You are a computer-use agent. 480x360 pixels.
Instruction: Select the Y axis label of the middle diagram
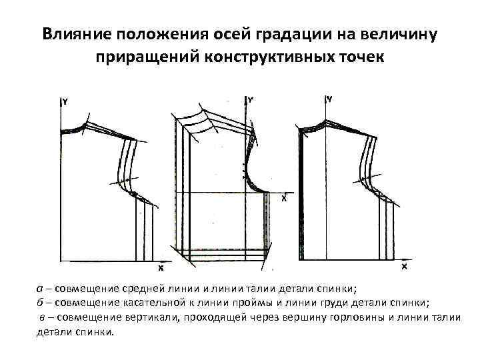click(251, 100)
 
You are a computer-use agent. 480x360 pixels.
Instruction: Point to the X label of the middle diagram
click(285, 198)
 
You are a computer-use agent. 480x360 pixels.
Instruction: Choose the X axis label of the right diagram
click(404, 266)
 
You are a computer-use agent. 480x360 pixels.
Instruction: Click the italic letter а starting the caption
click(39, 289)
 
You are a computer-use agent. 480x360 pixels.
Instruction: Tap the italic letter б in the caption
click(39, 301)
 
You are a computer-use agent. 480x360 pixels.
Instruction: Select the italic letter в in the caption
click(42, 317)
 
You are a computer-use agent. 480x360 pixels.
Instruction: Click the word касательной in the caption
click(142, 301)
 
